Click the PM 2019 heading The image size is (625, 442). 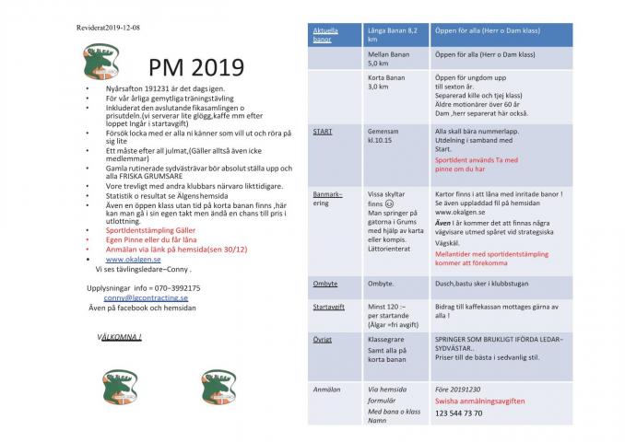click(196, 68)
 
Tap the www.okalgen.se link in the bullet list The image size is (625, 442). click(139, 260)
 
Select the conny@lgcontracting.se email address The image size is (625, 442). click(146, 298)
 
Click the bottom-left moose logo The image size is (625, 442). click(117, 386)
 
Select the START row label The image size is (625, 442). click(323, 132)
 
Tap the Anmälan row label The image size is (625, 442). click(326, 390)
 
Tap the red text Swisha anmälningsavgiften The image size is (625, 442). click(478, 401)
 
